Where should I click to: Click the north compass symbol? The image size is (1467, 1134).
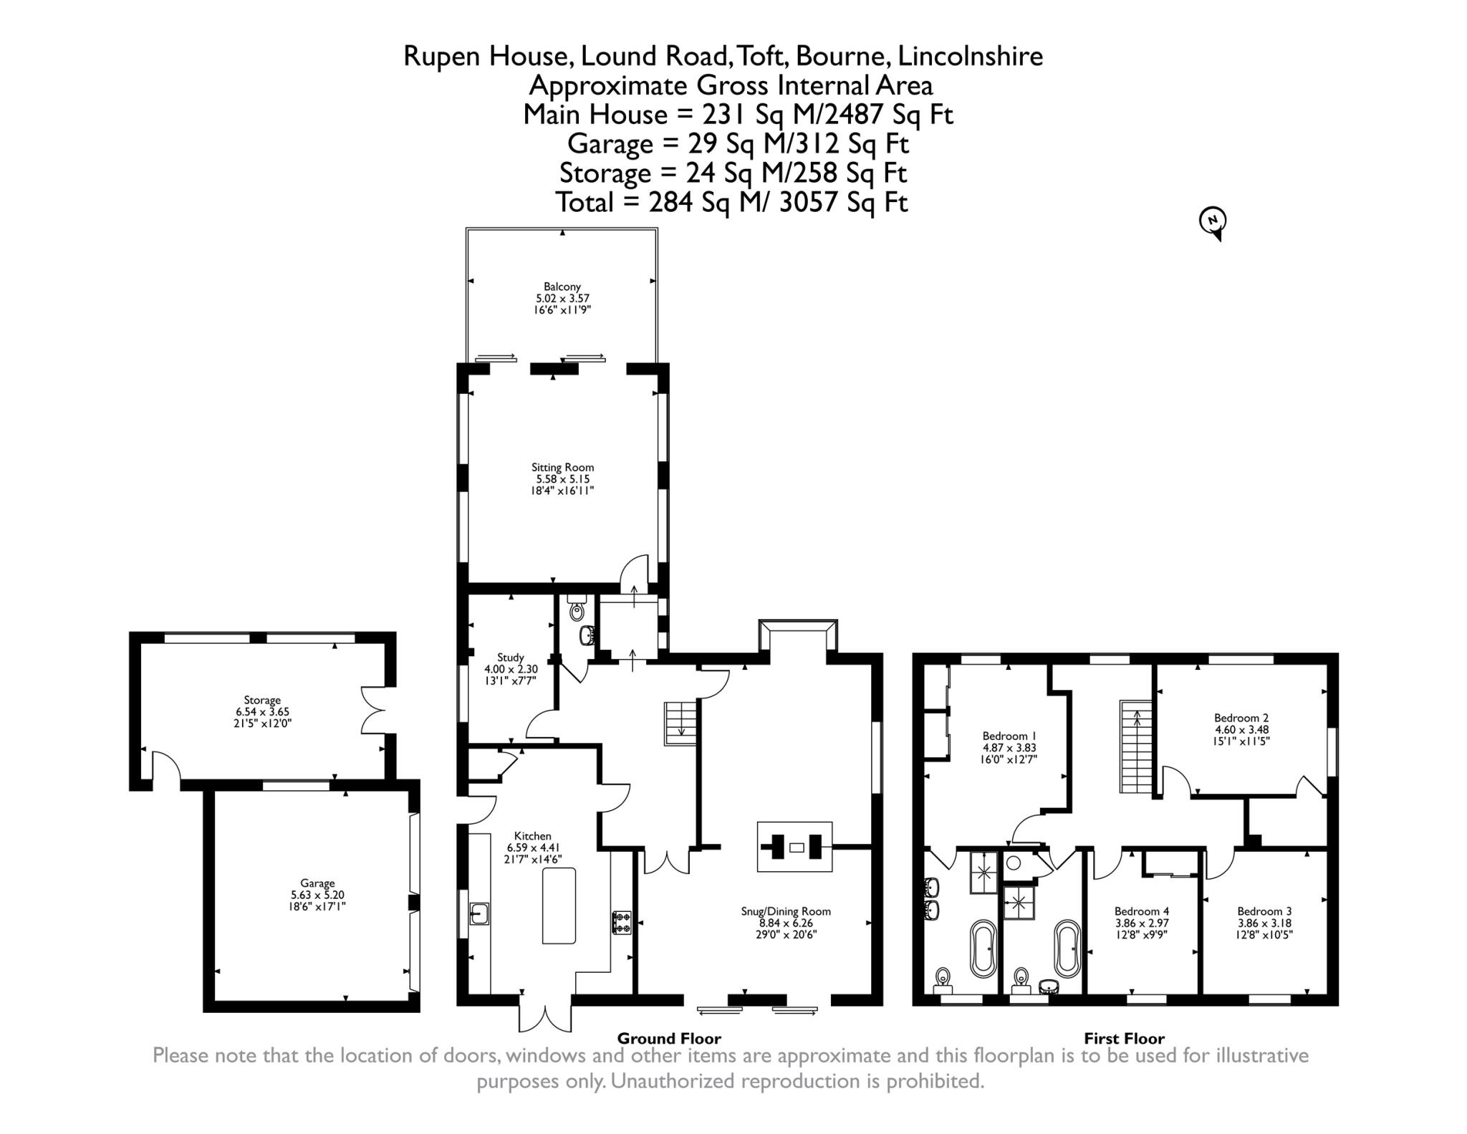pos(1213,222)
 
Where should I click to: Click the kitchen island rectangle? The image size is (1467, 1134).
pos(559,905)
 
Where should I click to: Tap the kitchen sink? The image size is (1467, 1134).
pos(479,913)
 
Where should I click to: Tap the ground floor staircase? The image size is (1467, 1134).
pos(681,724)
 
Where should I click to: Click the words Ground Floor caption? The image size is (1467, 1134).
pos(669,1038)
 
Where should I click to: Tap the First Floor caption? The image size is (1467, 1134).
pos(1124,1038)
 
